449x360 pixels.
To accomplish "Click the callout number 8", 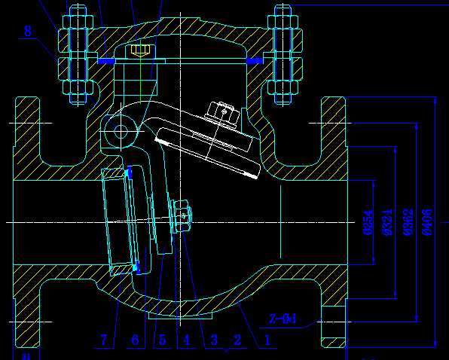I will (28, 31).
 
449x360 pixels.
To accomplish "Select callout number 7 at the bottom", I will (104, 340).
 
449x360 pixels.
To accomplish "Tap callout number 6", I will (134, 340).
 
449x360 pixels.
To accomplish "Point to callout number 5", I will (161, 340).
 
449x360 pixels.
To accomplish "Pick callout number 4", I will (187, 340).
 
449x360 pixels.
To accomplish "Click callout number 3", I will (213, 340).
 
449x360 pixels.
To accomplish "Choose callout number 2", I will (238, 340).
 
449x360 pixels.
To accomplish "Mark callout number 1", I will (266, 340).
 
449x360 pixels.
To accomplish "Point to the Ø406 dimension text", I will (428, 222).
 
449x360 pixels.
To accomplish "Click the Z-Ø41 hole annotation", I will (283, 319).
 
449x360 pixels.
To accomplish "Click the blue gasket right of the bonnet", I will (255, 59).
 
